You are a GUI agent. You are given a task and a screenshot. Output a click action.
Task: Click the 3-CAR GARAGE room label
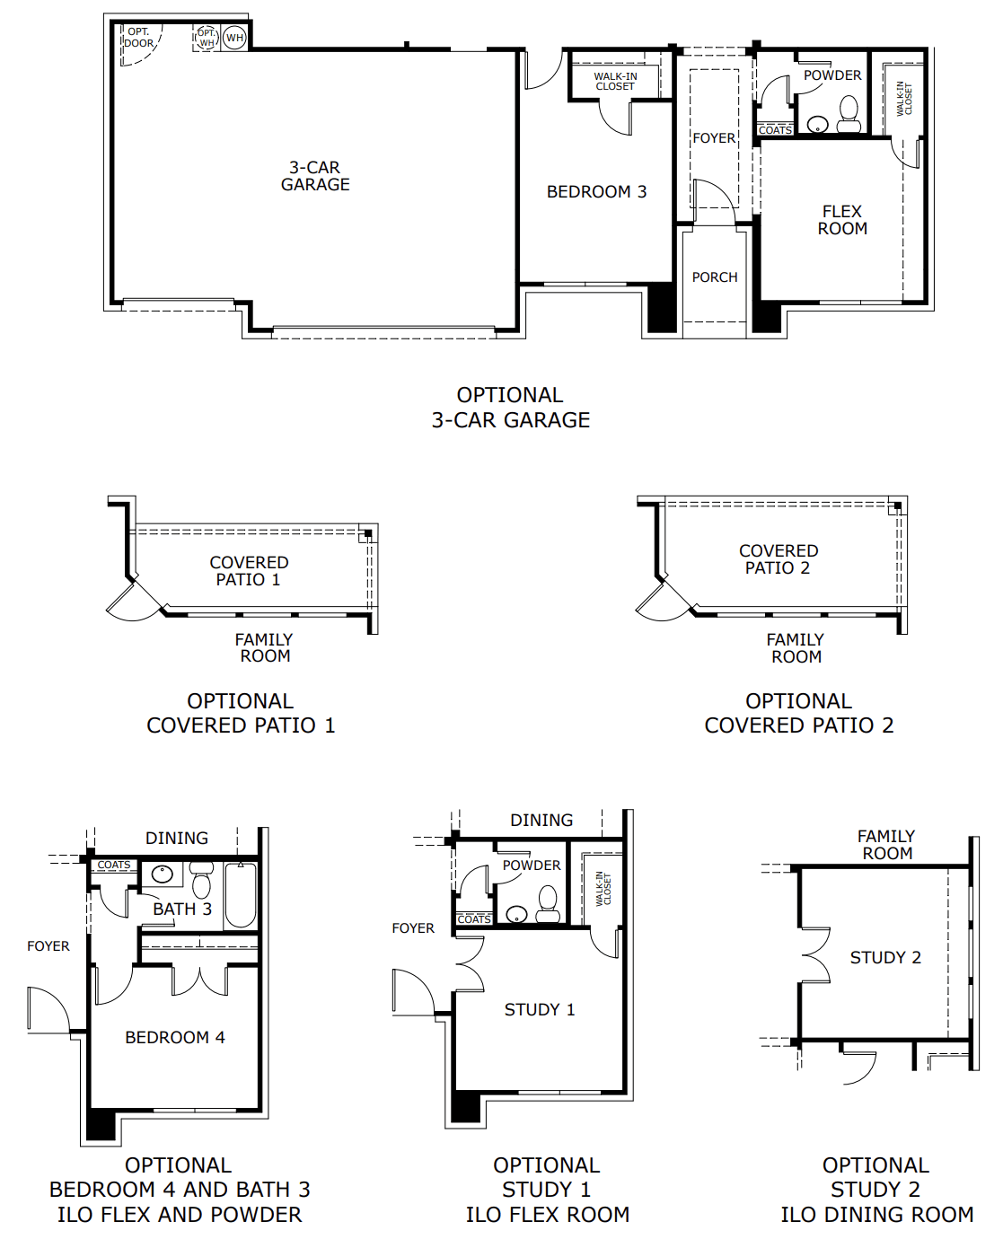pos(315,176)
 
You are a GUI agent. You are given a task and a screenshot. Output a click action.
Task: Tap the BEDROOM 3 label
pos(596,192)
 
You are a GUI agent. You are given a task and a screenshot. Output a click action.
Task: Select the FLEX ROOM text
pos(842,220)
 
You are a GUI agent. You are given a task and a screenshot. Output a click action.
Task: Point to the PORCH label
pos(715,277)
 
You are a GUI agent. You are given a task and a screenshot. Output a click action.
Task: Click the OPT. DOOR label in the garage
pos(138,38)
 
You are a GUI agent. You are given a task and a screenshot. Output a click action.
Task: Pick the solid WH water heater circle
pos(234,38)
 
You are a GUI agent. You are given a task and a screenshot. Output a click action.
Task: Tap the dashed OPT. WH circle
pos(207,38)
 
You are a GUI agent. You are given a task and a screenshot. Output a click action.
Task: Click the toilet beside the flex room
pos(849,113)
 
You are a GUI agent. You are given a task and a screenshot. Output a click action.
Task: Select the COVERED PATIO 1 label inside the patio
pos(249,571)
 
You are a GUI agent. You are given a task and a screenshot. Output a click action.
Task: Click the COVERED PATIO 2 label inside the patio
pos(779,559)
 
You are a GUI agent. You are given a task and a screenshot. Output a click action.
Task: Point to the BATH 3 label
pos(182,909)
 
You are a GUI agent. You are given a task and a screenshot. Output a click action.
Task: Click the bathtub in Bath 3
pos(241,894)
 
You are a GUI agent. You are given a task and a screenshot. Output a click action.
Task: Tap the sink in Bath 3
pos(163,874)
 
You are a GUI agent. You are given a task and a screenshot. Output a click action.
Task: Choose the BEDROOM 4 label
pos(175,1038)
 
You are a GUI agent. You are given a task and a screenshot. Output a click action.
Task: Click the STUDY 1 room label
pos(540,1010)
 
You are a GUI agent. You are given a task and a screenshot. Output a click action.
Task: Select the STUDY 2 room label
pos(885,958)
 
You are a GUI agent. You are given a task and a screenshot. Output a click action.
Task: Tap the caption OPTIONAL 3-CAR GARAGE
pos(510,408)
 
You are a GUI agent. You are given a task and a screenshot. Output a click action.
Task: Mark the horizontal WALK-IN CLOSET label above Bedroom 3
pos(615,82)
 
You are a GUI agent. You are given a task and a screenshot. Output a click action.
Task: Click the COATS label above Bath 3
pos(114,866)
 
